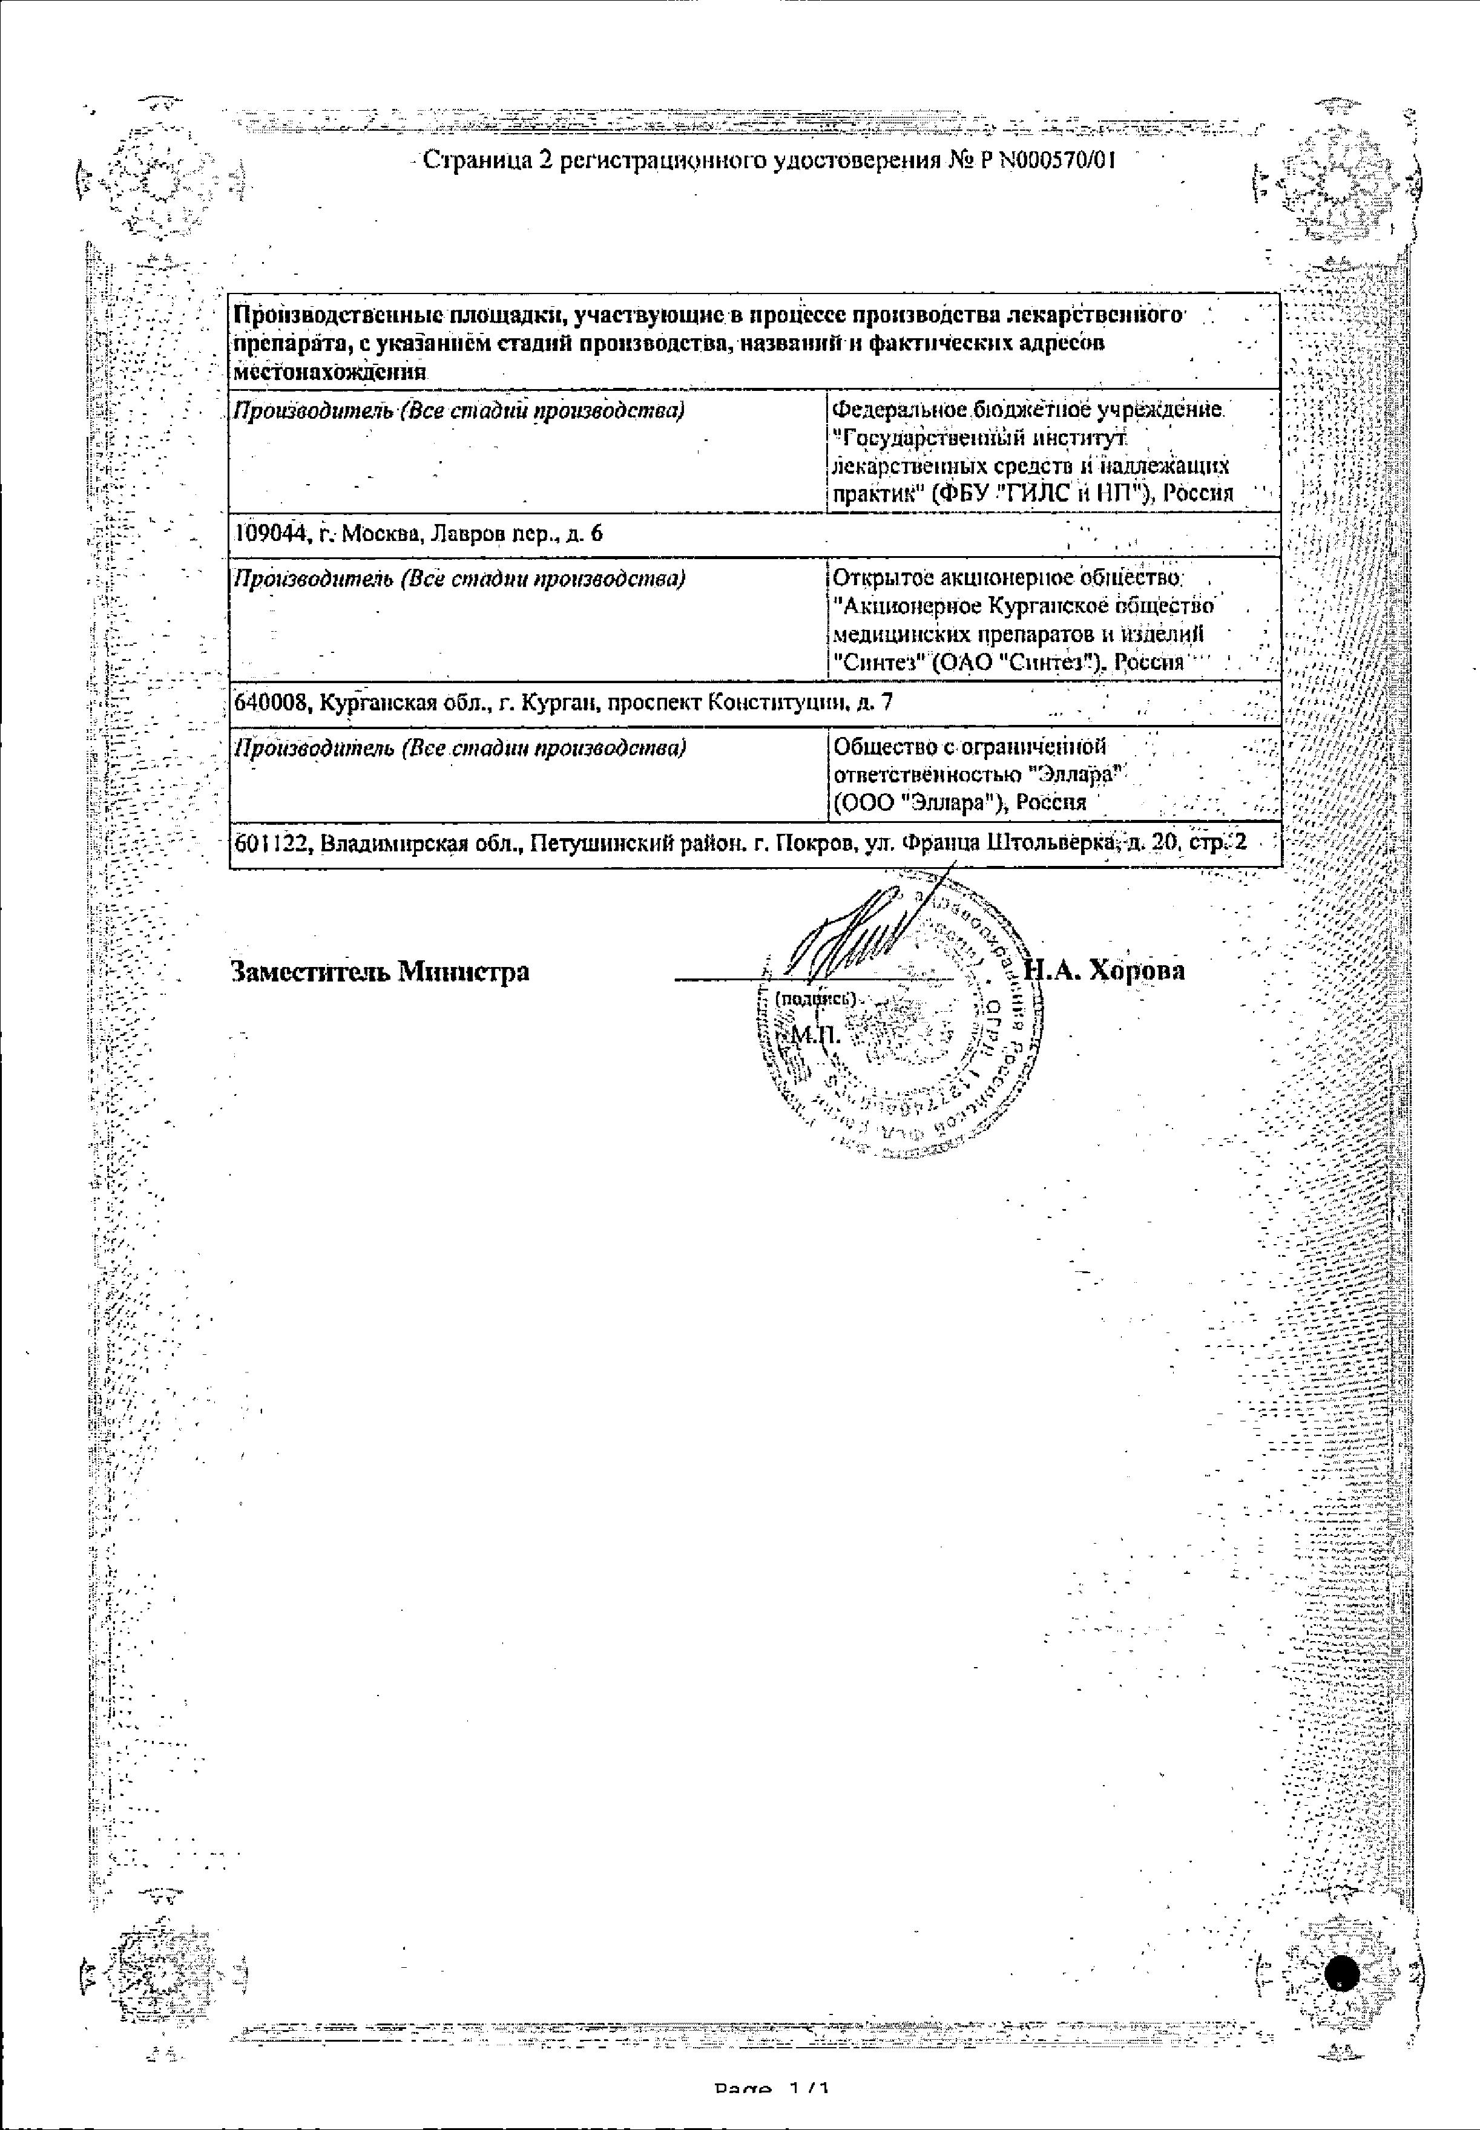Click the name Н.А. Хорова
pos(1103,971)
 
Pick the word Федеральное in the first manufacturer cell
pos(896,410)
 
